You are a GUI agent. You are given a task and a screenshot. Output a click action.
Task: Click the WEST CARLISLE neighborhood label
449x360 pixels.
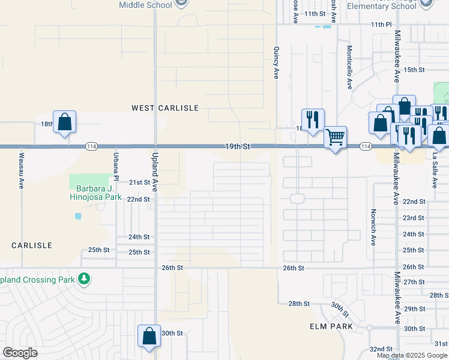tap(165, 108)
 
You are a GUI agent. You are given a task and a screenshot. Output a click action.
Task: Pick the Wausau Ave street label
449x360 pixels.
tap(20, 170)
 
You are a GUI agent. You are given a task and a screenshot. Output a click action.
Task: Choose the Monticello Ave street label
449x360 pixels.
tap(349, 67)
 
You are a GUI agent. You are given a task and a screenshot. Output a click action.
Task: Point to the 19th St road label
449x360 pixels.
tap(237, 146)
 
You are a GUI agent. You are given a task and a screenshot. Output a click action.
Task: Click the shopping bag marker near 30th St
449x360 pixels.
tap(149, 336)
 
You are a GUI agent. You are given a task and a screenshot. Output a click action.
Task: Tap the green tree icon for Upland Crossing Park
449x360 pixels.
tap(85, 279)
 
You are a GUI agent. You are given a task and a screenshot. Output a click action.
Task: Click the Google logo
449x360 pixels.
tap(20, 353)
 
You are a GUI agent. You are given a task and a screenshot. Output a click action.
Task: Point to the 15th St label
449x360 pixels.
tap(414, 70)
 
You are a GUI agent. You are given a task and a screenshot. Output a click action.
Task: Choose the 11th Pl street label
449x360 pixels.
tap(381, 25)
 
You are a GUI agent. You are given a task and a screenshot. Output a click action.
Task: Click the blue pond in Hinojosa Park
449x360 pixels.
tap(77, 215)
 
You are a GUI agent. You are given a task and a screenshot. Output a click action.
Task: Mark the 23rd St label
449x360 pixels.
tap(414, 218)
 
